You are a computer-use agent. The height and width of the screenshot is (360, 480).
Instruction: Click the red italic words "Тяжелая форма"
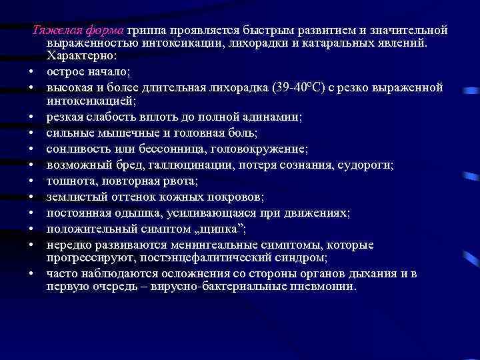[x=78, y=31]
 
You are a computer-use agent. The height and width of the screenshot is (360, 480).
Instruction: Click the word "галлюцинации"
[x=185, y=165]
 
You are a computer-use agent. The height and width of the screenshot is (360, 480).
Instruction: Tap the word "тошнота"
[x=69, y=181]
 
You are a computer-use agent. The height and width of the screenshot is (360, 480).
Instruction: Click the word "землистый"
[x=74, y=197]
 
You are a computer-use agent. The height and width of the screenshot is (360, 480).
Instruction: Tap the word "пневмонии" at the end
[x=327, y=287]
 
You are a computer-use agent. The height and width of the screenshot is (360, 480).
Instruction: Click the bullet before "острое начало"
[x=31, y=72]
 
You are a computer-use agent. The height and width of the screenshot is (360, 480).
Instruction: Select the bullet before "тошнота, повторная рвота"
[x=31, y=181]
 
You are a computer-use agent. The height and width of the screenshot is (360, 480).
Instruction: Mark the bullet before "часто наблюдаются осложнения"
[x=31, y=274]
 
